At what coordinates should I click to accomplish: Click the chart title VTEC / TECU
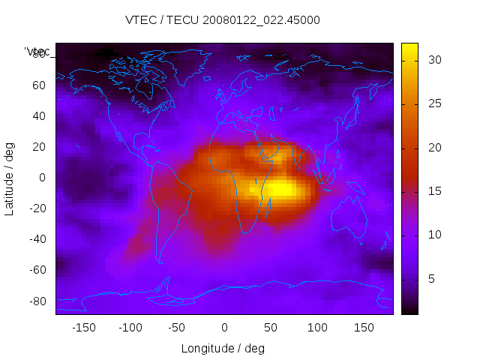click(223, 20)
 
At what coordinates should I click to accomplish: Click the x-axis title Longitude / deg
click(223, 349)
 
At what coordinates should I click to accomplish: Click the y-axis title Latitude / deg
click(10, 178)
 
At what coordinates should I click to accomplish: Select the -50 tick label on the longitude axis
click(177, 328)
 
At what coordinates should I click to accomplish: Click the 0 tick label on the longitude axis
click(224, 328)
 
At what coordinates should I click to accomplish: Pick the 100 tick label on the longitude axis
click(317, 328)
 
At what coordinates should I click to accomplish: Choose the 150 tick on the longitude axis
click(364, 328)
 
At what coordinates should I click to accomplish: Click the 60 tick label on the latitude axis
click(38, 85)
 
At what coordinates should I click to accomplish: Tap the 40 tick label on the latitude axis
click(38, 116)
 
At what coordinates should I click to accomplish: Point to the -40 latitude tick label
click(36, 239)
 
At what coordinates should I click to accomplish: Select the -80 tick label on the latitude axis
click(36, 301)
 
